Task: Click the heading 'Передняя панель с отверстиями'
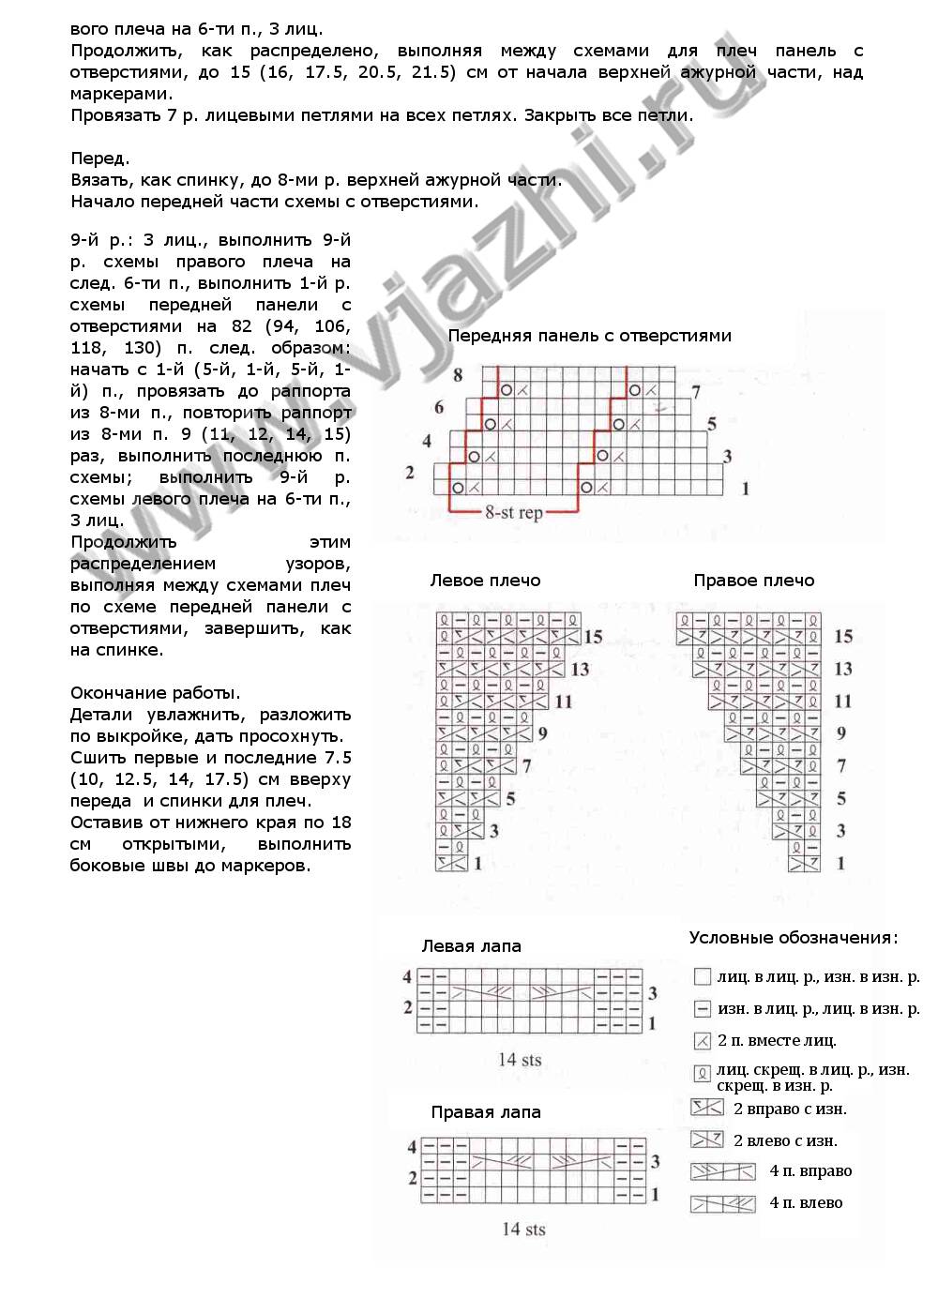589,336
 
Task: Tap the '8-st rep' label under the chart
514,514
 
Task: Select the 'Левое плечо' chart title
485,581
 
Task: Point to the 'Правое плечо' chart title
754,581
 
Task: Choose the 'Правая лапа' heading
486,1112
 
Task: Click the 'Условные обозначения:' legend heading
794,938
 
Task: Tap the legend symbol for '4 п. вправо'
722,1171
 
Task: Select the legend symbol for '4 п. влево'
722,1203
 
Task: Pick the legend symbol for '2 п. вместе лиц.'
702,1040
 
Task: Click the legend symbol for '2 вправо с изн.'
707,1109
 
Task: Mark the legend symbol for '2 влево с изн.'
707,1140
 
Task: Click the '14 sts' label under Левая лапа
520,1060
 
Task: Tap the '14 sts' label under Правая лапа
523,1229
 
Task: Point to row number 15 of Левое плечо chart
593,637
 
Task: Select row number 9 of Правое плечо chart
841,733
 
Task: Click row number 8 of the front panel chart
458,375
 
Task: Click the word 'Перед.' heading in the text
100,158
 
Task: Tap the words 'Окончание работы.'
155,693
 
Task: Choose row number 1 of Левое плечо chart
477,863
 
